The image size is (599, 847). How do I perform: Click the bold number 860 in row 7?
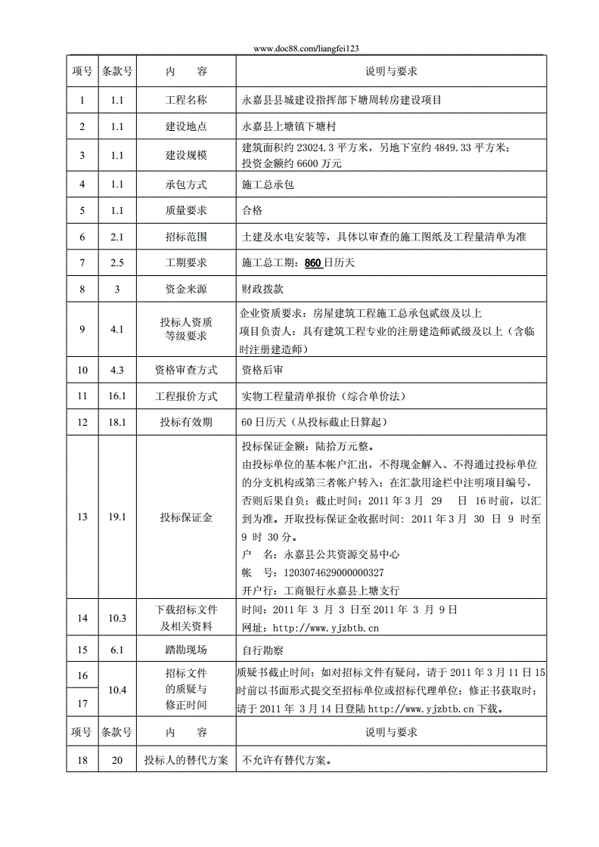pos(313,263)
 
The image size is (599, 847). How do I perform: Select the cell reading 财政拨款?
pos(262,289)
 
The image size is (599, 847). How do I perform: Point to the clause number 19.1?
pos(116,517)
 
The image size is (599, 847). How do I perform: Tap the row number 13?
pos(82,517)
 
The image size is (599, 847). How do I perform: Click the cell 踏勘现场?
pos(186,650)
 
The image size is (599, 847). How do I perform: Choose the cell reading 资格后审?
pos(262,370)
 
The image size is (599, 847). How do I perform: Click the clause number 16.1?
pos(116,396)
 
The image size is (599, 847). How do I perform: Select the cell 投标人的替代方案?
pos(186,760)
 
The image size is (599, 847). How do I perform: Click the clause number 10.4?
pos(116,690)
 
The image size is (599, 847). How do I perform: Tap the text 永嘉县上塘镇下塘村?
pos(288,127)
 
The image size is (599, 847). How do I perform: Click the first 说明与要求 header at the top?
pos(391,71)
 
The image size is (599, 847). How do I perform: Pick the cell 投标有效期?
pos(186,422)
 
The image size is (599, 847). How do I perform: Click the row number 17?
pos(82,703)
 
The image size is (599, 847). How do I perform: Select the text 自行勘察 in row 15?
pos(262,650)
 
